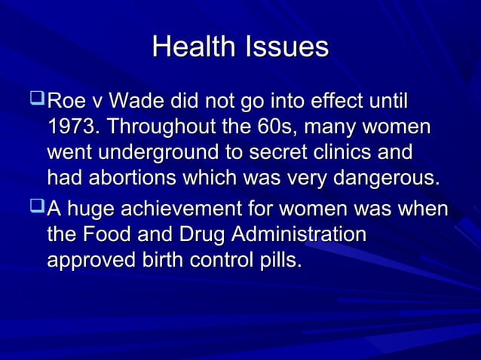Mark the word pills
click(280, 260)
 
